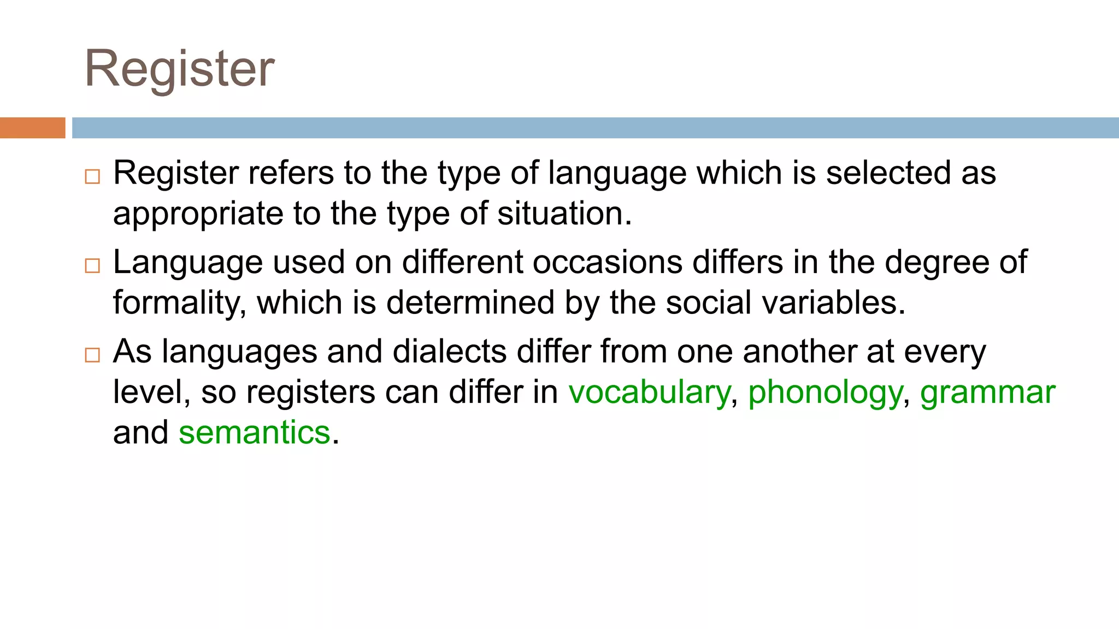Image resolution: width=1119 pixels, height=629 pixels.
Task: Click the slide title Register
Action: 179,69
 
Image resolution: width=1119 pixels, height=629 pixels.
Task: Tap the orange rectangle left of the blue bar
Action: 32,128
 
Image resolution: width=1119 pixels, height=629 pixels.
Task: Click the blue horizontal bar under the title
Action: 594,128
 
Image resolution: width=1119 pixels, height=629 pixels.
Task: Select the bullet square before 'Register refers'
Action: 92,177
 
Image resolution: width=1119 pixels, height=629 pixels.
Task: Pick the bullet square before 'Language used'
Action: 92,266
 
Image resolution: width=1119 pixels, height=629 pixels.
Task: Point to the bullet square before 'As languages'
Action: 92,355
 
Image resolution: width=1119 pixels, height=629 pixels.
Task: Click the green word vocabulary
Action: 649,393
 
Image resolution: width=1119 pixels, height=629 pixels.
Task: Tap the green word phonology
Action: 825,393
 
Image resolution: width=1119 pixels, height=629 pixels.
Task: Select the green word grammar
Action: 987,393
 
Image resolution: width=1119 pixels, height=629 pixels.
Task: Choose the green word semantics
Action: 255,432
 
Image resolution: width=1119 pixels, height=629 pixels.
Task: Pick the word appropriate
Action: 198,213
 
